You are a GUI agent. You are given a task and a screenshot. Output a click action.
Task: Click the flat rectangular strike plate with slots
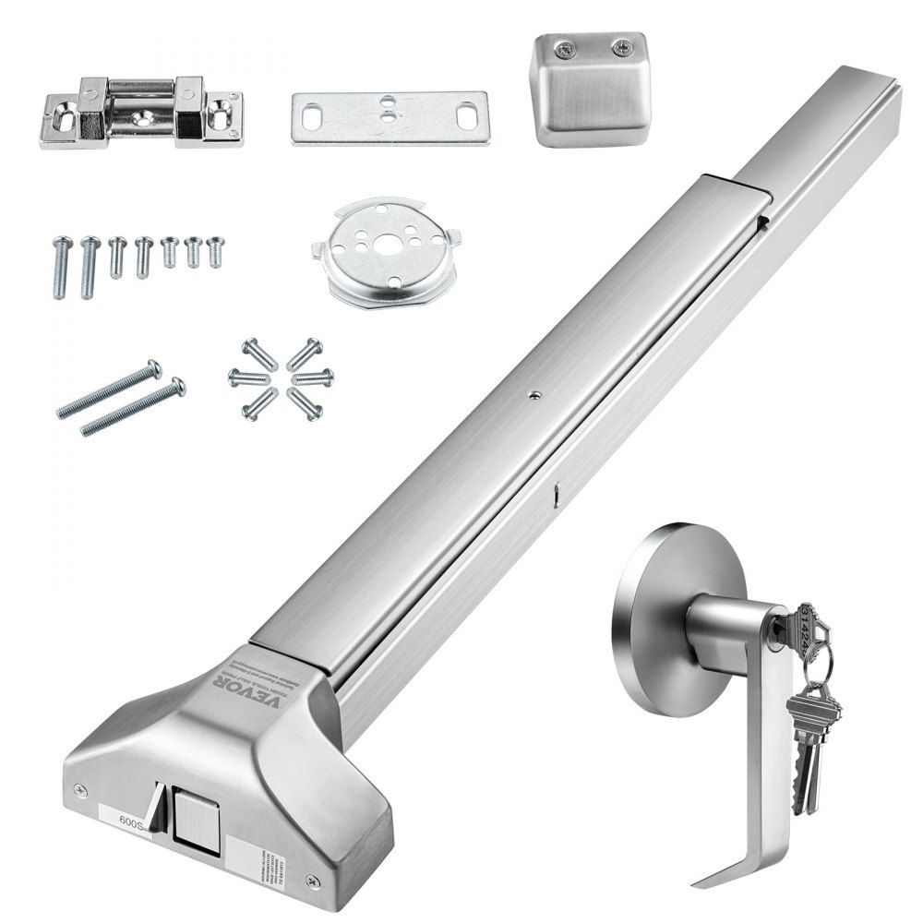click(x=390, y=117)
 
